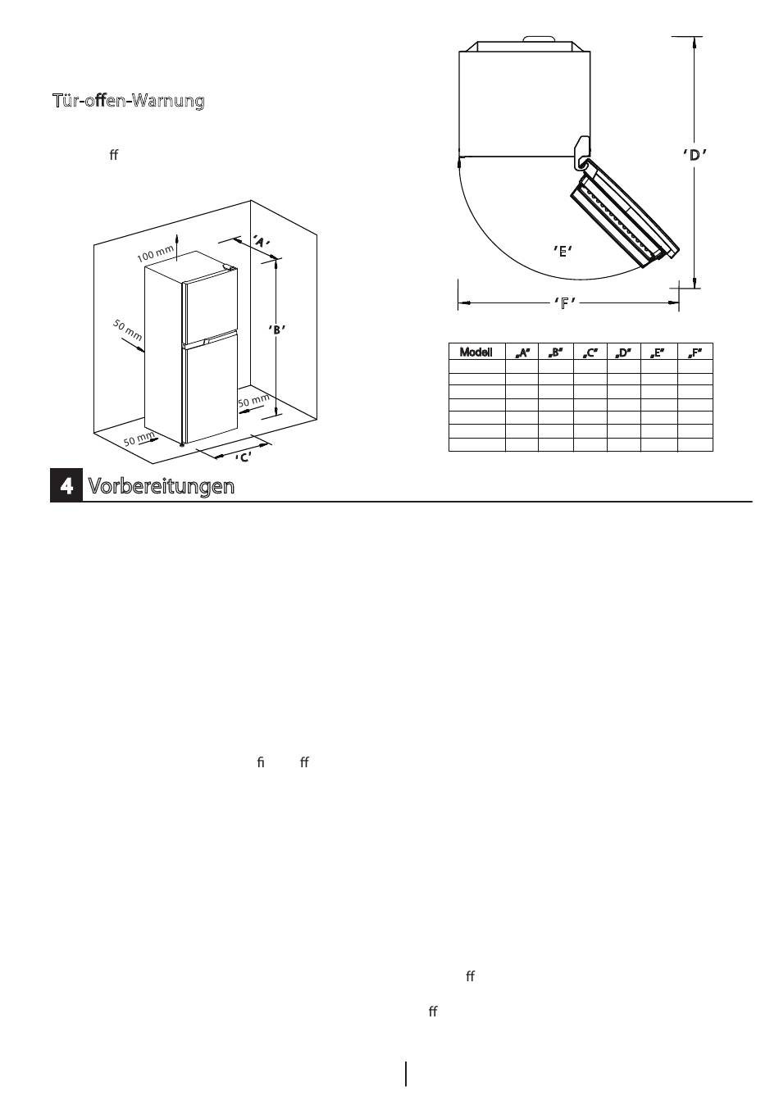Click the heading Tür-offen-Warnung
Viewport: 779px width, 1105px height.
tap(128, 101)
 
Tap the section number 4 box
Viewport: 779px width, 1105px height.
tap(66, 486)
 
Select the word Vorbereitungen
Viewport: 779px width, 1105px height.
tap(162, 486)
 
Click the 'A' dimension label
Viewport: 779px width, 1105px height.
tap(261, 242)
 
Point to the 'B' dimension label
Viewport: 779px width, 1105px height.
tap(277, 330)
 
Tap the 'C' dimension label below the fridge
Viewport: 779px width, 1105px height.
tap(243, 457)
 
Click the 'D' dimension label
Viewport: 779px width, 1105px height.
tap(695, 155)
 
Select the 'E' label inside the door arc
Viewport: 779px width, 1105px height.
tap(563, 251)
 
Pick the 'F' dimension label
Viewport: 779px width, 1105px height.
tap(565, 302)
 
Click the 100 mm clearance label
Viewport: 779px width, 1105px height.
tap(156, 253)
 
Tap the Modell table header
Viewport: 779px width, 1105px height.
tap(476, 352)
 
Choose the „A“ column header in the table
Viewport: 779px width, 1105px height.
tap(522, 352)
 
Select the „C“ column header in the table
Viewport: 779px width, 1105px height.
tap(590, 352)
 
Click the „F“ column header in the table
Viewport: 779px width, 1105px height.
tap(695, 352)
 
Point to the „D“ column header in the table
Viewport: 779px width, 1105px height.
tap(623, 352)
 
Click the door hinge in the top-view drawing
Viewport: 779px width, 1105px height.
tap(582, 151)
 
